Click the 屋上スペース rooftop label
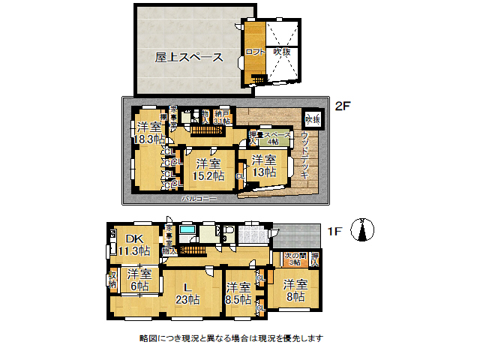pos(188,57)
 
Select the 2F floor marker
pos(343,106)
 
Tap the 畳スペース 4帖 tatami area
pos(275,137)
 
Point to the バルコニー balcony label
pos(199,199)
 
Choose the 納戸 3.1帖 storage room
pos(221,116)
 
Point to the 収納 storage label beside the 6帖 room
pos(112,280)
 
